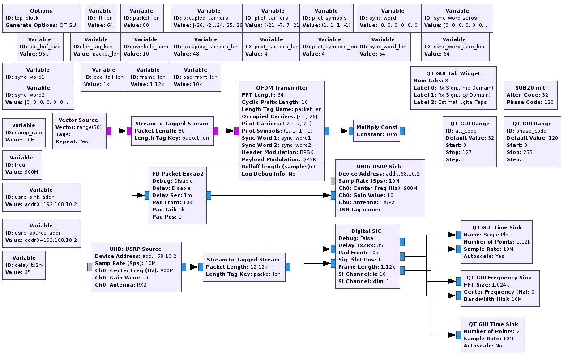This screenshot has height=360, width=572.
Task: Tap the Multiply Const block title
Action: click(377, 127)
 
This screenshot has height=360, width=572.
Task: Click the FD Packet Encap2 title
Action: click(177, 174)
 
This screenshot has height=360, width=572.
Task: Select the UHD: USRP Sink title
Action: click(380, 167)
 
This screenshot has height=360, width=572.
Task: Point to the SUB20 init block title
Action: click(530, 88)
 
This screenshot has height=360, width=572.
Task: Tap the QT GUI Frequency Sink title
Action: click(500, 278)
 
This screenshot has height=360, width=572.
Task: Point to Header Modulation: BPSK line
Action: click(277, 152)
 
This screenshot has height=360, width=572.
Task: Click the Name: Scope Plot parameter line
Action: click(487, 235)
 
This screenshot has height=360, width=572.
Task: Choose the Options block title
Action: click(41, 11)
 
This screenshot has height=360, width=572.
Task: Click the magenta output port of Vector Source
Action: click(108, 131)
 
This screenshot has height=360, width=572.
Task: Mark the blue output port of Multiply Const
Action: click(402, 131)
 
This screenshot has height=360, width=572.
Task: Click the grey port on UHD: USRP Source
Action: click(90, 267)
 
